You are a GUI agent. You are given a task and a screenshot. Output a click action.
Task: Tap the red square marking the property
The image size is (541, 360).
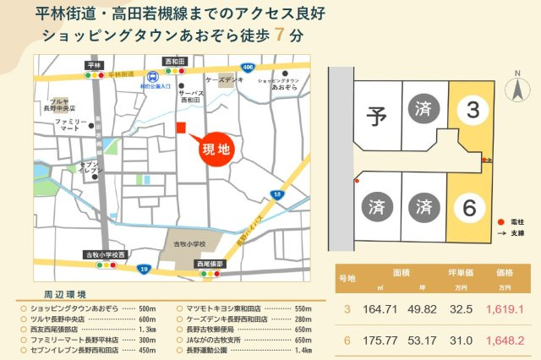pyautogui.click(x=180, y=128)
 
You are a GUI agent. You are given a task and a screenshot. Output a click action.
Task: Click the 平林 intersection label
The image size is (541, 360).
pyautogui.click(x=93, y=64)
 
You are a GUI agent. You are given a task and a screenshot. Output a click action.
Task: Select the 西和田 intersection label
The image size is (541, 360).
pyautogui.click(x=174, y=63)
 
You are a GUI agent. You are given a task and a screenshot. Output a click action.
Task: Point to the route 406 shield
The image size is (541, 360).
pyautogui.click(x=247, y=66)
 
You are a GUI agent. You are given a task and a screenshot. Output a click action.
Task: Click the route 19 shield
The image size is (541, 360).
pyautogui.click(x=145, y=268)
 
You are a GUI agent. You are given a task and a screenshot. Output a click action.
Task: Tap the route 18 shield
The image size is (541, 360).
pyautogui.click(x=277, y=195)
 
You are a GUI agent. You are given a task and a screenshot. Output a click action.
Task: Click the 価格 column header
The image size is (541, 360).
pyautogui.click(x=505, y=274)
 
